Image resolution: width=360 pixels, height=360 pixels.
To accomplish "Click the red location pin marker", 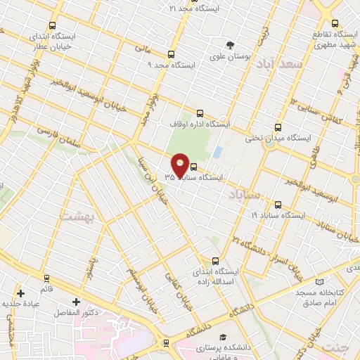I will click(x=181, y=165).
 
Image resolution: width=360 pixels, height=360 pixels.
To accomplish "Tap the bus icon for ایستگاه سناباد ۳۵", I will click(x=194, y=166).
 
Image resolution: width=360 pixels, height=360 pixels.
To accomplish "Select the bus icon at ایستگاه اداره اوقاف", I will click(x=200, y=112).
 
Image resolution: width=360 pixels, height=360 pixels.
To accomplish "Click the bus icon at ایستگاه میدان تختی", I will click(x=278, y=127).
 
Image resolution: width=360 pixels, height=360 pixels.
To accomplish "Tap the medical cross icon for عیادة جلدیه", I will click(x=21, y=293).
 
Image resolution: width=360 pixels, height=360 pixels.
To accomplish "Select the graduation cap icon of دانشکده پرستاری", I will click(x=223, y=337).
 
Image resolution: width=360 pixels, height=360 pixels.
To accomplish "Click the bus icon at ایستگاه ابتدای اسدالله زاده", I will click(x=216, y=259).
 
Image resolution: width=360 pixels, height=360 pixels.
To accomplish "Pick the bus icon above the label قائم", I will click(x=46, y=278).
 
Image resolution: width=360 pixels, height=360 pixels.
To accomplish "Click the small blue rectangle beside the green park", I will click(x=217, y=151).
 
